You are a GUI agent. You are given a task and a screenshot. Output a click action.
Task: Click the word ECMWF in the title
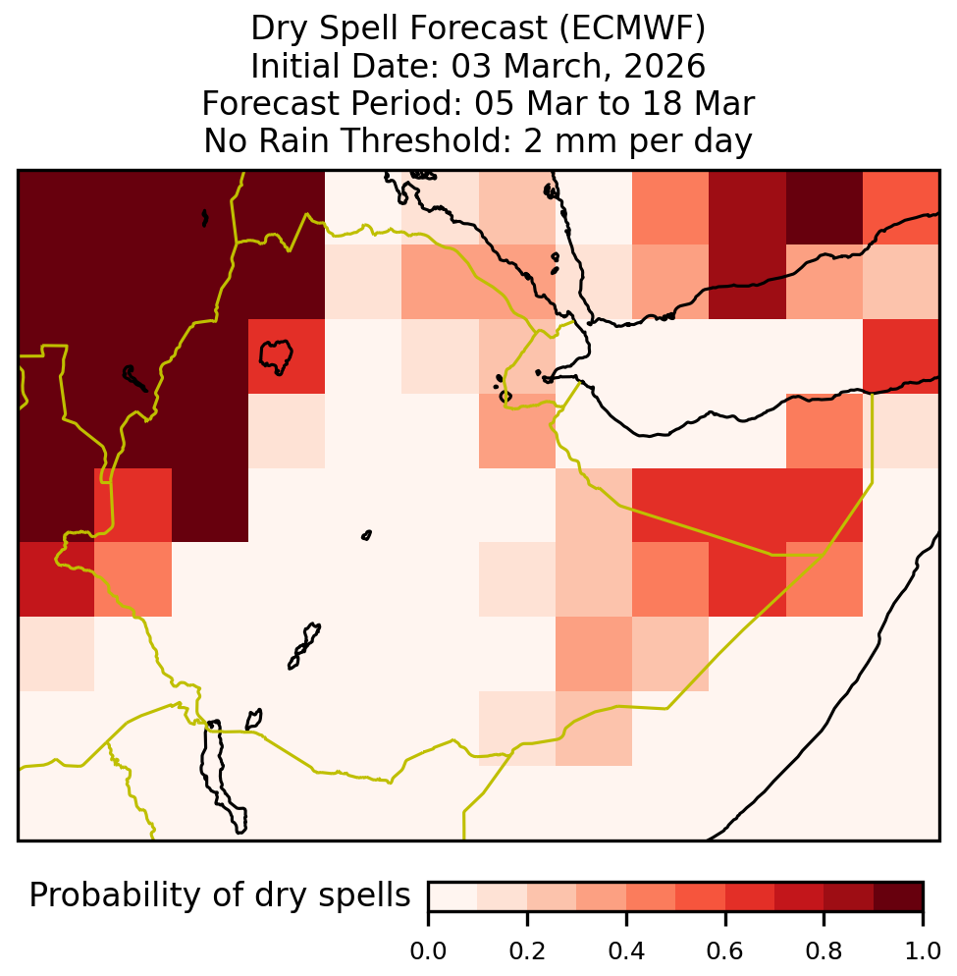point(632,28)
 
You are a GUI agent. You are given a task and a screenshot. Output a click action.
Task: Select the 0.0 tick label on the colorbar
point(428,951)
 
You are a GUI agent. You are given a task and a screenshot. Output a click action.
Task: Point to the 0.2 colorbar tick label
point(527,951)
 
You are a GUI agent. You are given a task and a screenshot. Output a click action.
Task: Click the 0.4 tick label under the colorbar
point(626,951)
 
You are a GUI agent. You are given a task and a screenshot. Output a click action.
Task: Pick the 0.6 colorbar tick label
point(725,951)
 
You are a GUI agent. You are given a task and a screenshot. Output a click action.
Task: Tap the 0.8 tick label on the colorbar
point(824,951)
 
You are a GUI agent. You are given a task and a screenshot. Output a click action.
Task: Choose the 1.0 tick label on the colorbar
point(923,951)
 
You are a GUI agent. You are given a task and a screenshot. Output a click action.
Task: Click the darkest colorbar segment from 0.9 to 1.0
point(898,896)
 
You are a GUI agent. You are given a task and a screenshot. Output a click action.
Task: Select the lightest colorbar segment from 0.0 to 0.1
point(453,896)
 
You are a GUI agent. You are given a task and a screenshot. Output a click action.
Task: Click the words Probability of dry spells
point(220,896)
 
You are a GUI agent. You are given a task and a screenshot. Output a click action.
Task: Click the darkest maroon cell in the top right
point(824,207)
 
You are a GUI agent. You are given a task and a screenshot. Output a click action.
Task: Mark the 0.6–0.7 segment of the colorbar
point(750,896)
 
